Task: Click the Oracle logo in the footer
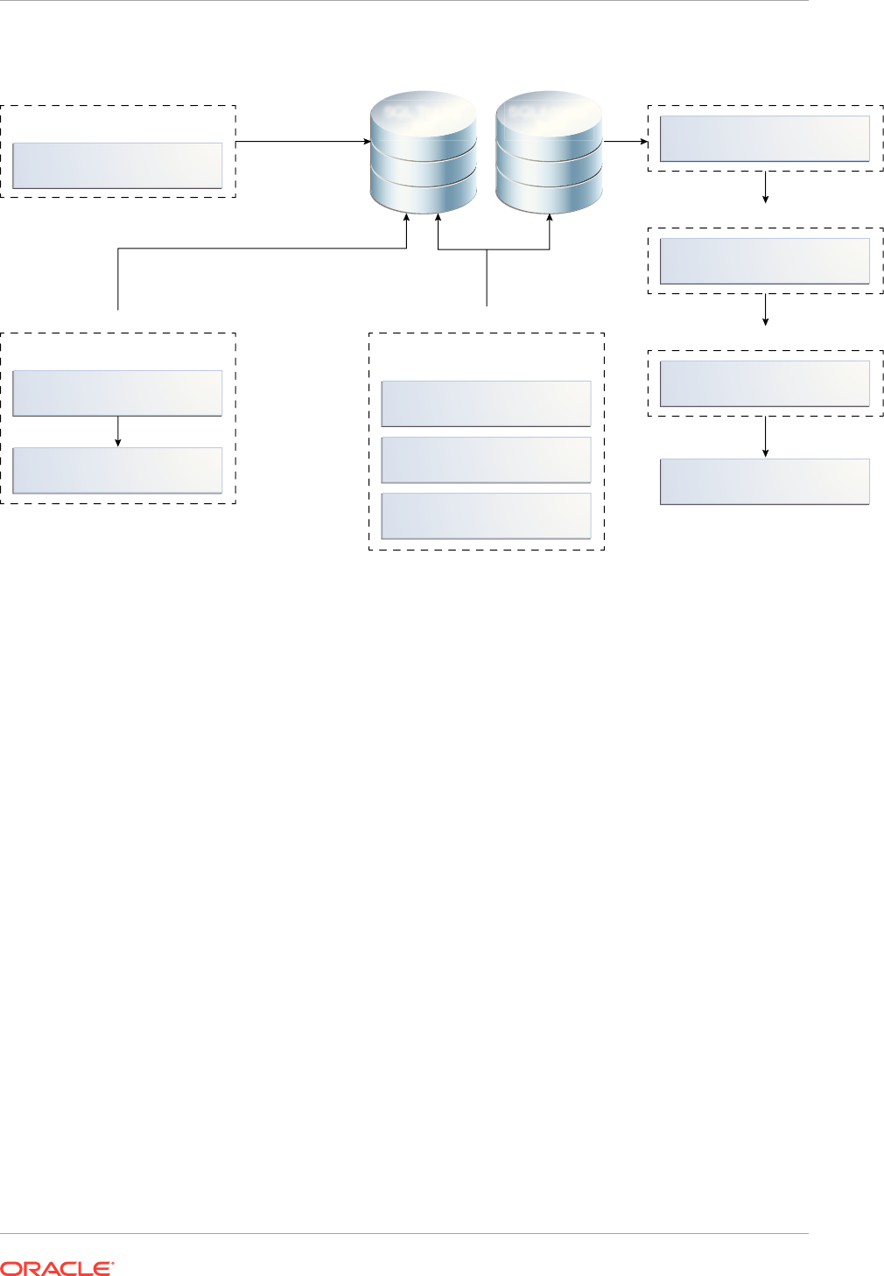point(57,1268)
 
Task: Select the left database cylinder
point(424,152)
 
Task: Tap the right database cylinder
point(549,152)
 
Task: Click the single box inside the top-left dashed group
point(117,165)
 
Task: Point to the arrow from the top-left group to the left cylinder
point(302,140)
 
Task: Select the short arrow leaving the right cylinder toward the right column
point(625,140)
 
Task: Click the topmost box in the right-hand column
point(764,138)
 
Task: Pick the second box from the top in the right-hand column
point(764,261)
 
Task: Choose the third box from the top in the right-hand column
point(764,383)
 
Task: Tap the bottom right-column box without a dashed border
point(764,481)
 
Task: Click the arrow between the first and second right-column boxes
point(766,187)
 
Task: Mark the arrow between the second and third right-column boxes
point(766,310)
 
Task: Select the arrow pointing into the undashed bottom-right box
point(766,437)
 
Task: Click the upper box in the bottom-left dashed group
point(117,393)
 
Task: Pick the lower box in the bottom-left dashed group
point(117,470)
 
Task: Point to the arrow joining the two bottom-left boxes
point(118,431)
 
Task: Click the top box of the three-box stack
point(486,403)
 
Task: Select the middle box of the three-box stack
point(486,459)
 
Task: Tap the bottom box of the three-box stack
point(486,515)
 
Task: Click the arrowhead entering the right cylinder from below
point(550,219)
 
